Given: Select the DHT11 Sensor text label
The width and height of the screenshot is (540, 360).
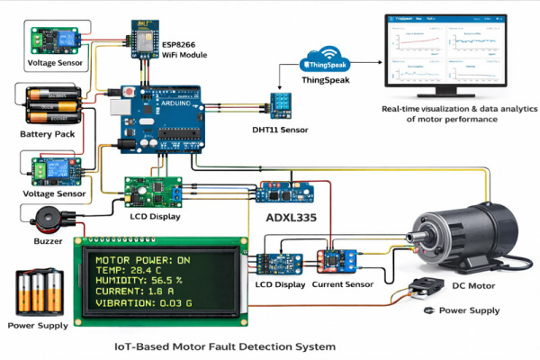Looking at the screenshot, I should coord(280,130).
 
